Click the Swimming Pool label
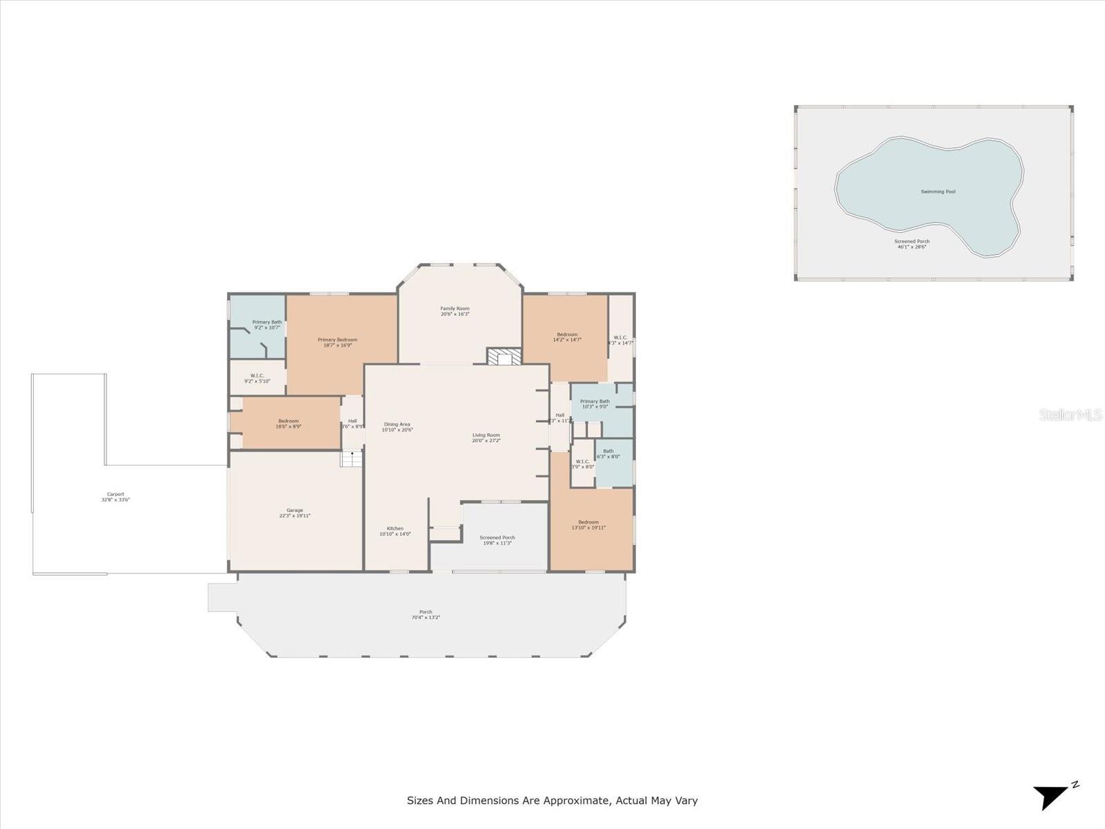tap(938, 191)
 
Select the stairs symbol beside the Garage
tap(352, 459)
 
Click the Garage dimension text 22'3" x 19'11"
tap(295, 516)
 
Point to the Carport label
tap(115, 494)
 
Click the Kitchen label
tap(395, 528)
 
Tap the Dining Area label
tap(397, 424)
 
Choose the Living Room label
tap(486, 435)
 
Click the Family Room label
tap(455, 308)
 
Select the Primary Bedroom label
tap(338, 339)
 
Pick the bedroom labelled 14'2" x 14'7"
tap(567, 336)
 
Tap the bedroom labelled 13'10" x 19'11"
tap(588, 524)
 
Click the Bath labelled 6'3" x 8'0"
tap(608, 453)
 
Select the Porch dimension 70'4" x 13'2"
tap(425, 618)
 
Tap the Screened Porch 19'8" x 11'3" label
tap(497, 540)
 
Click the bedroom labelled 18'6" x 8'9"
tap(289, 423)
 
